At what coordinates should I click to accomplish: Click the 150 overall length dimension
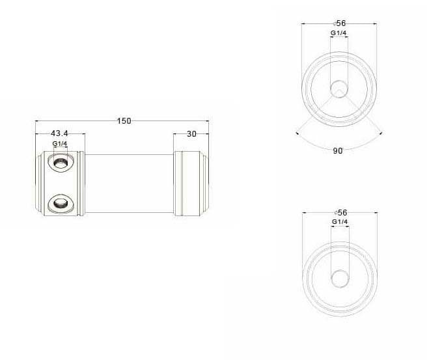coord(124,121)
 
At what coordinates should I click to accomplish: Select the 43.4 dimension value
coord(59,133)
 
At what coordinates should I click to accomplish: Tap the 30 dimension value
coord(191,133)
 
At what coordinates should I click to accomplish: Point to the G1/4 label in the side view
coord(60,143)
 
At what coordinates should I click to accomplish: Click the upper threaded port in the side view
coord(61,162)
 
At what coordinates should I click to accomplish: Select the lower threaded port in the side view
coord(61,203)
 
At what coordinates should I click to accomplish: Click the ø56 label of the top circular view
coord(340,23)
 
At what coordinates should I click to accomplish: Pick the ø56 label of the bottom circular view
coord(340,213)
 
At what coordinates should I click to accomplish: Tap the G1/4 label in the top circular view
coord(339,33)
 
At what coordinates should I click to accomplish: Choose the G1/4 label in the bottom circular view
coord(340,222)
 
